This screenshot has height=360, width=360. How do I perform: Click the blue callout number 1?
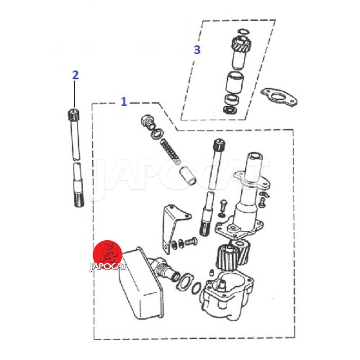point(124,101)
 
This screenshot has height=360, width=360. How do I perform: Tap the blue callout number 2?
point(76,75)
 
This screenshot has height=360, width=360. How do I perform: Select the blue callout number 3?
point(197,49)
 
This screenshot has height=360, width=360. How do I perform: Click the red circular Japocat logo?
point(107,255)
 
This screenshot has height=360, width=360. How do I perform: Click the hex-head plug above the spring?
point(147,122)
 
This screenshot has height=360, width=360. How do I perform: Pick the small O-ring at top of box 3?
point(242,31)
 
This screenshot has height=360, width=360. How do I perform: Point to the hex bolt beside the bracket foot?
point(190,241)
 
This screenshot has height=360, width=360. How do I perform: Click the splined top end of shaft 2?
point(73,114)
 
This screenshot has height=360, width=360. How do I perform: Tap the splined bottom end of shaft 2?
point(79,199)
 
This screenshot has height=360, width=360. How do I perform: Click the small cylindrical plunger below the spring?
point(187,175)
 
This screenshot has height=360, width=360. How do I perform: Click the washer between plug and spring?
point(157,134)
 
